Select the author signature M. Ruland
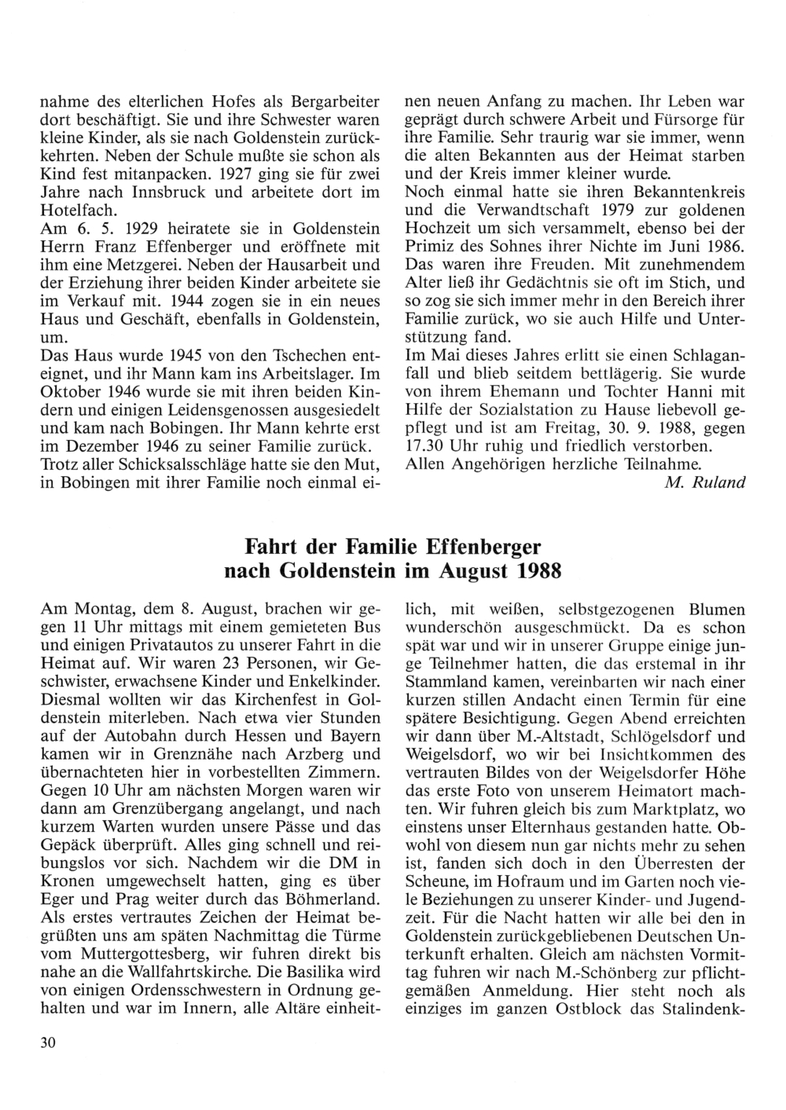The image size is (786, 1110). pos(704,482)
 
